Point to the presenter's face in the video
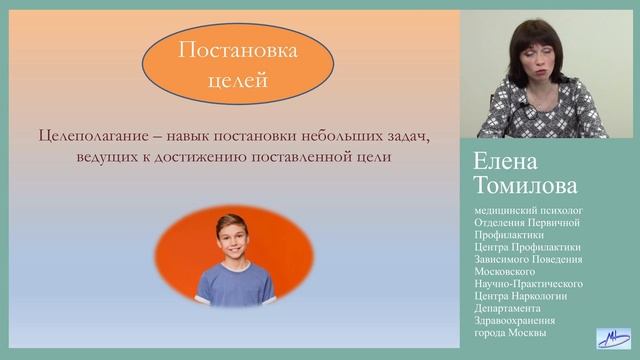pyautogui.click(x=529, y=59)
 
